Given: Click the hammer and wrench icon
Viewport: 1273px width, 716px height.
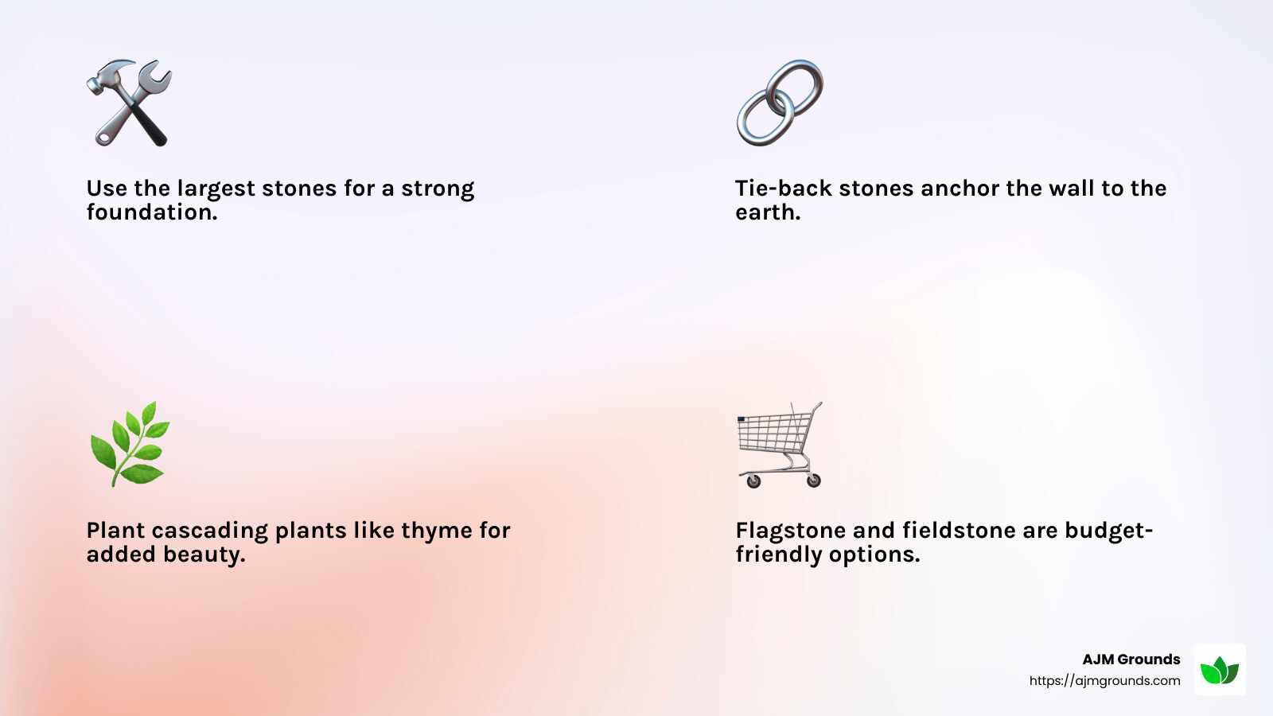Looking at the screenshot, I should pyautogui.click(x=129, y=103).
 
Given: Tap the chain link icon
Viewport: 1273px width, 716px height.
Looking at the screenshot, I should pyautogui.click(x=780, y=103).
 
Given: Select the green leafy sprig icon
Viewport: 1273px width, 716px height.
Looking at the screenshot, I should pyautogui.click(x=130, y=444).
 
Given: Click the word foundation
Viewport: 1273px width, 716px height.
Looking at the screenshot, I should pyautogui.click(x=151, y=212).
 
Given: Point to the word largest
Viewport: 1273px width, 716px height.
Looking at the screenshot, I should pyautogui.click(x=216, y=189).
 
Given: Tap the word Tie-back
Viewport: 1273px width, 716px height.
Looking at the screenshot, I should pyautogui.click(x=784, y=189).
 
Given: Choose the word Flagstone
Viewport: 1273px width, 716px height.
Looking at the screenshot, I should pyautogui.click(x=790, y=531).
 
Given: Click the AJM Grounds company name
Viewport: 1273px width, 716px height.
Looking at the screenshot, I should pyautogui.click(x=1131, y=660).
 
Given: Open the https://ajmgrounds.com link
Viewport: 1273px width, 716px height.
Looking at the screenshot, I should pyautogui.click(x=1104, y=681).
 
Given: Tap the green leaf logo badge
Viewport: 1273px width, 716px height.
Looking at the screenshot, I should pyautogui.click(x=1219, y=670).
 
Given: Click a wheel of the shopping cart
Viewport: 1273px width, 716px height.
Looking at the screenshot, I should pyautogui.click(x=753, y=481).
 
